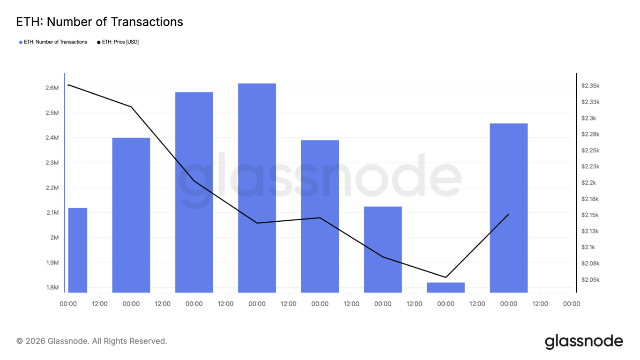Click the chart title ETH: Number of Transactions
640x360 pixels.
coord(99,22)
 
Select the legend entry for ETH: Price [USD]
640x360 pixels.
coord(120,42)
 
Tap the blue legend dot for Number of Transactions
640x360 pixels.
coord(21,42)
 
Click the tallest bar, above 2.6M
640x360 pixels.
coord(257,187)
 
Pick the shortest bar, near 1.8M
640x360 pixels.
coord(446,287)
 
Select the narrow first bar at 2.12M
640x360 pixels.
coord(78,250)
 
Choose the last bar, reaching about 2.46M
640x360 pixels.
coord(508,208)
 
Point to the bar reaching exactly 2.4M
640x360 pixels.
coord(131,215)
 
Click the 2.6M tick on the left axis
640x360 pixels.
coord(52,88)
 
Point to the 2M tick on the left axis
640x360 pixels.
coord(54,238)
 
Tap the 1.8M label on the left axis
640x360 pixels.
coord(52,287)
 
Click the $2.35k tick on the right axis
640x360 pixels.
coord(590,86)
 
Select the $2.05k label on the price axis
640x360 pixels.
coord(590,280)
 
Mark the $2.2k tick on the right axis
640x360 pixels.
coord(588,183)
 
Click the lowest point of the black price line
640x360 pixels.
coord(446,277)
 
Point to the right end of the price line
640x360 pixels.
coord(508,214)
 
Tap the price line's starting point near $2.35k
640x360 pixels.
coord(69,85)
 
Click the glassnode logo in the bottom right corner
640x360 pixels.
coord(584,341)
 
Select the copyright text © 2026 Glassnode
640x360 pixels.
coord(92,341)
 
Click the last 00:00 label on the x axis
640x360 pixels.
coord(571,304)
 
